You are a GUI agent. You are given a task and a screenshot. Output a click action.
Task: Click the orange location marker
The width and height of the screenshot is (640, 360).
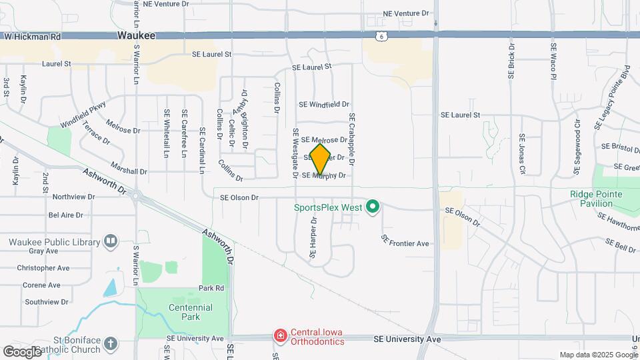coord(320,159)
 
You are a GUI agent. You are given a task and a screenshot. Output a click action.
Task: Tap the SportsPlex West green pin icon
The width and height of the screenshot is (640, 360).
coord(373,208)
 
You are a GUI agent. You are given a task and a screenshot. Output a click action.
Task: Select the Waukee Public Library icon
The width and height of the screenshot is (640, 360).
coord(111,242)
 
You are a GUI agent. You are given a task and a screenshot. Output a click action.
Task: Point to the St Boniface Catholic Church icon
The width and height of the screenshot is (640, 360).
coord(111,344)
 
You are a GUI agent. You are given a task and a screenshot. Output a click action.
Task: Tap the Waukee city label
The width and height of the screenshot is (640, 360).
coord(136,36)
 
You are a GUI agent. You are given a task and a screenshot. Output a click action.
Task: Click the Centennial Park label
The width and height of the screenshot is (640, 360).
coord(191,312)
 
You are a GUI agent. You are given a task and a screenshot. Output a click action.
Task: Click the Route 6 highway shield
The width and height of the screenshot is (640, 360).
coord(380,36)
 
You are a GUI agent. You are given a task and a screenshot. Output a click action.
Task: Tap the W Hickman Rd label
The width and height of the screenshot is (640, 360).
coord(32,37)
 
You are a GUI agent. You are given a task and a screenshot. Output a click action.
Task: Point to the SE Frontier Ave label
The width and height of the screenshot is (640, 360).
coord(405,243)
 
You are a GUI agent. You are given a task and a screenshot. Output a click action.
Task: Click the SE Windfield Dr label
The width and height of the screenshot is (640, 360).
coord(324,105)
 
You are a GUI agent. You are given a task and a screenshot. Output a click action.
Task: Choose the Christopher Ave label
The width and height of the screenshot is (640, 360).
coord(43,268)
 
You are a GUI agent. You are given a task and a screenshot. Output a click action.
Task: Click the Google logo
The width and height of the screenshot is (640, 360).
coord(22,351)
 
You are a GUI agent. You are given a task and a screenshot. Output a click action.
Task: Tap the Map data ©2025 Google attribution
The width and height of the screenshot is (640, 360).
coord(598,355)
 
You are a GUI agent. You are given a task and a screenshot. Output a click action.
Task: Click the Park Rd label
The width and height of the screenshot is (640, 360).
coord(211,288)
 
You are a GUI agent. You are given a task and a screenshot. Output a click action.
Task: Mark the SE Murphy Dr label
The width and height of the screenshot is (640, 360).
coord(324,176)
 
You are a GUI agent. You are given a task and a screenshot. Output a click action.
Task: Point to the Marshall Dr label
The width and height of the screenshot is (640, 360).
coord(129,171)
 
